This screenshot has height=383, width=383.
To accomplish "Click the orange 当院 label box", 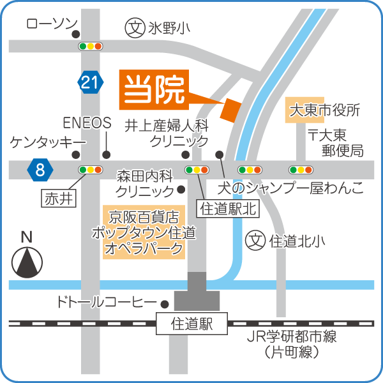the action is click(153, 89).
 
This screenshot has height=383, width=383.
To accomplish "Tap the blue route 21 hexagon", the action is click(91, 81).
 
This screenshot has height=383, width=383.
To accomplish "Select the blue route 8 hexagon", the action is click(40, 169).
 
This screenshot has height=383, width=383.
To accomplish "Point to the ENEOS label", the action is click(87, 122).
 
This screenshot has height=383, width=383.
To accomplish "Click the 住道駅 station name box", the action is click(191, 324).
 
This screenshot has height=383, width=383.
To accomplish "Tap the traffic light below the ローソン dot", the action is click(91, 47).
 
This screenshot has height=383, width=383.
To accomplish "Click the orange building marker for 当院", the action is click(230, 109).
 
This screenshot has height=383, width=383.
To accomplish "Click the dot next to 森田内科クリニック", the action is click(181, 189).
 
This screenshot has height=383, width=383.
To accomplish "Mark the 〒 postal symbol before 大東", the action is click(313, 135).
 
